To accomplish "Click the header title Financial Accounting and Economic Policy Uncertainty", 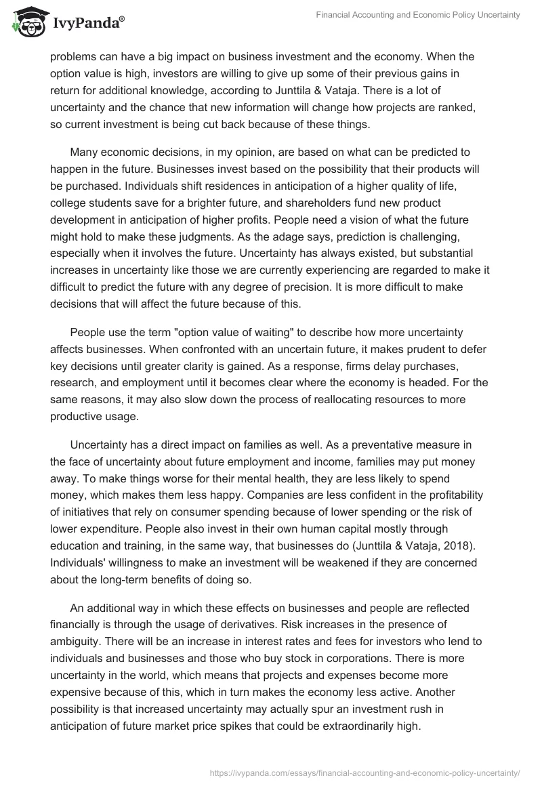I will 418,16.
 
